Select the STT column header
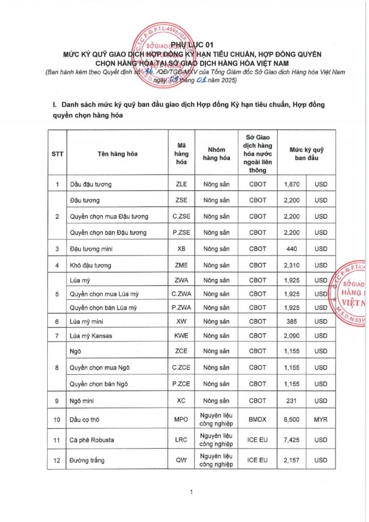click(57, 153)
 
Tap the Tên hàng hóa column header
click(118, 153)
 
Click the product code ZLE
click(181, 185)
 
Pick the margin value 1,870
click(292, 185)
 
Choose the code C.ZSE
click(181, 216)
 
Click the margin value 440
click(292, 249)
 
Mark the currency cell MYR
click(321, 420)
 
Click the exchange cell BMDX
click(257, 420)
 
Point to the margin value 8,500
click(292, 420)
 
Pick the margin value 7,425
click(292, 440)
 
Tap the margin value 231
click(292, 400)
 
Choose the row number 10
click(57, 420)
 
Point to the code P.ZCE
click(181, 384)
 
